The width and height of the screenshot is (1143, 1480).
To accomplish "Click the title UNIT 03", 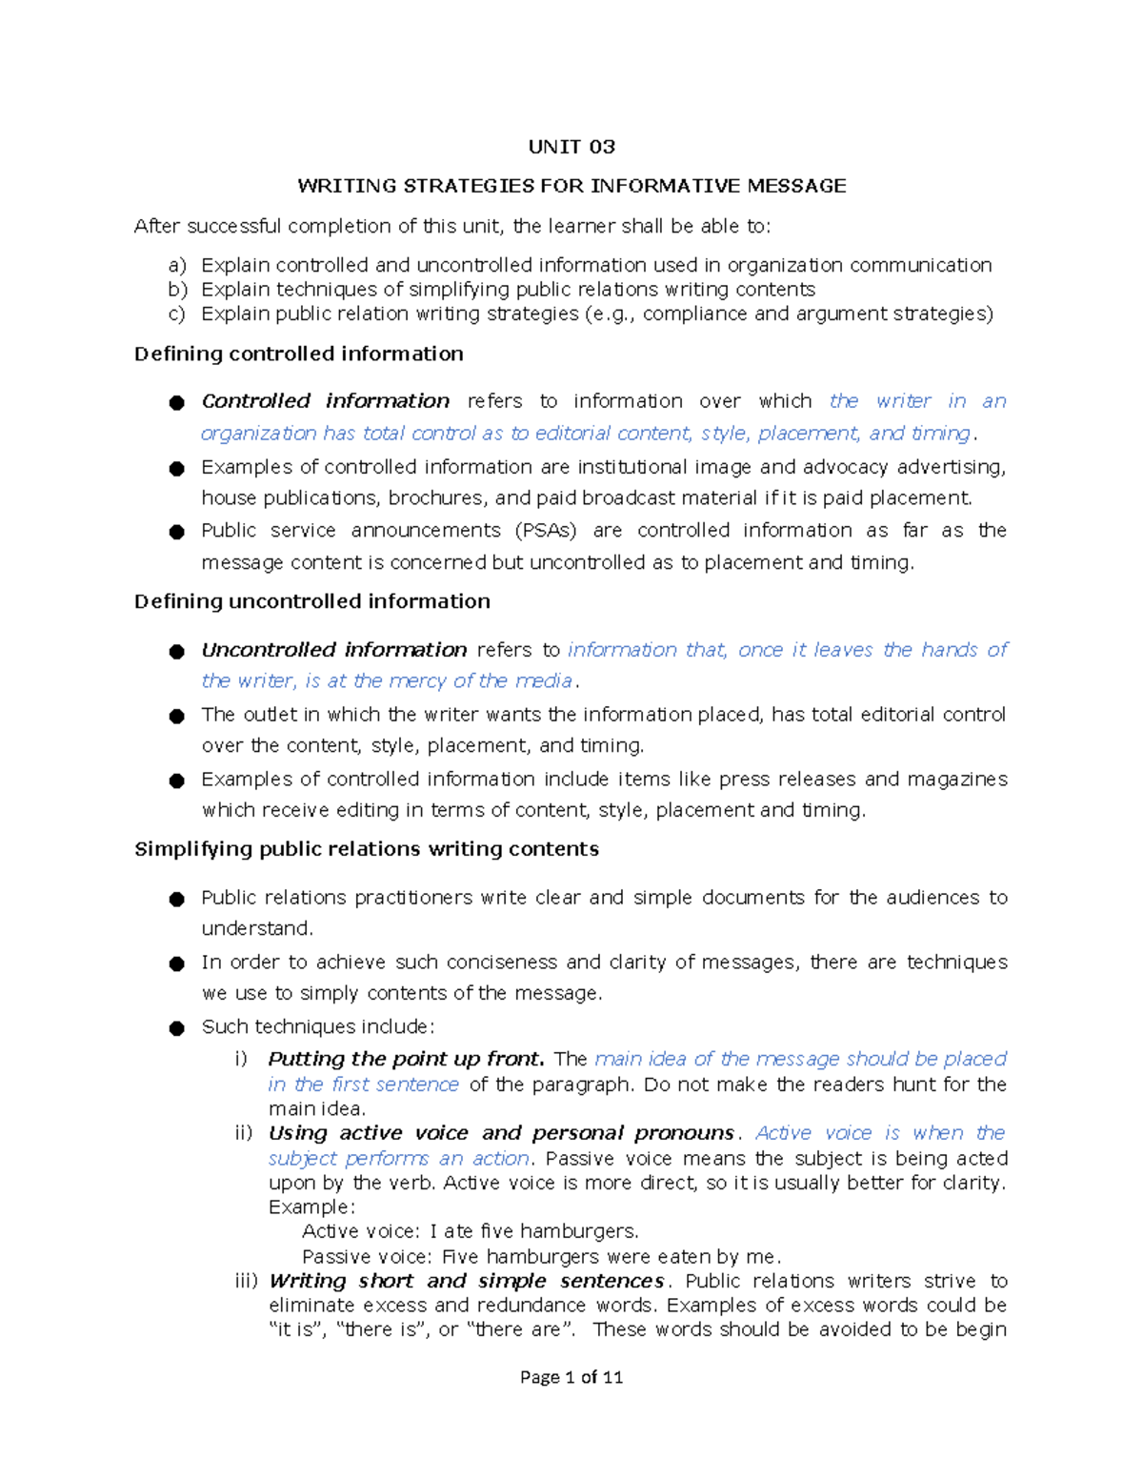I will point(571,147).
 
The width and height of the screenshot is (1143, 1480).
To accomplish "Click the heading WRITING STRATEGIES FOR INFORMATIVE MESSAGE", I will point(571,186).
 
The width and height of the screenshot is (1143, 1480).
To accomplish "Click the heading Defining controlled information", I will point(298,355).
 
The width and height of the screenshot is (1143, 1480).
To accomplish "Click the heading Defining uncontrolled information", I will point(312,602).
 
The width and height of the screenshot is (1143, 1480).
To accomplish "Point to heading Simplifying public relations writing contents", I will point(367,850).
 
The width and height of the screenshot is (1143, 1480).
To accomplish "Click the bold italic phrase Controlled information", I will point(325,401).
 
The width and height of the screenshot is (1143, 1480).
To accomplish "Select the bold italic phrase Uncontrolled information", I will point(333,650).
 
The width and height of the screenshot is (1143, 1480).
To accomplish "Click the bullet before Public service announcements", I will point(176,533).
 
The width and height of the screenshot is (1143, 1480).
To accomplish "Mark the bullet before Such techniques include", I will point(176,1028).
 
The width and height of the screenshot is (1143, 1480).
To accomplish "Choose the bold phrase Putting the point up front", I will point(406,1059).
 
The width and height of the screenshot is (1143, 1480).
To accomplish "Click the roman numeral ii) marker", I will point(244,1133).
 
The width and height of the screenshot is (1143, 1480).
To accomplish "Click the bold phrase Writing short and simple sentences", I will point(466,1282).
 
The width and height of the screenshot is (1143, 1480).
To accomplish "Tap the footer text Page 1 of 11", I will point(571,1377).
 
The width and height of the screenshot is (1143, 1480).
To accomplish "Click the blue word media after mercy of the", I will point(544,681).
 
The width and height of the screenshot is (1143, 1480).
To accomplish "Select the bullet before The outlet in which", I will point(176,717).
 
